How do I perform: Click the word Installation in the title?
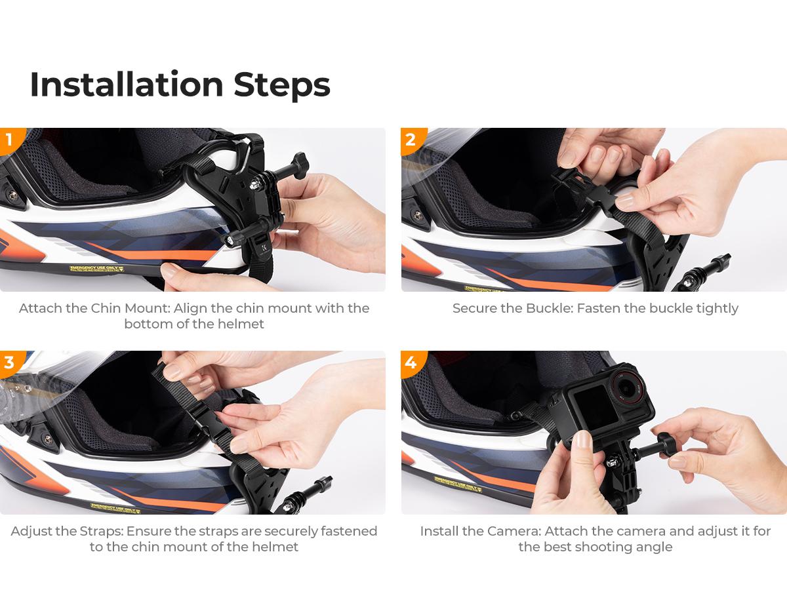(x=126, y=84)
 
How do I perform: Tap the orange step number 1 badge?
(x=9, y=140)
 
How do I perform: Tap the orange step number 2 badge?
(x=411, y=140)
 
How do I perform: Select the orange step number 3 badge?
(x=9, y=363)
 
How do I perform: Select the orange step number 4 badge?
(x=411, y=363)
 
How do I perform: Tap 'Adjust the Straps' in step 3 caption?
(x=66, y=531)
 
